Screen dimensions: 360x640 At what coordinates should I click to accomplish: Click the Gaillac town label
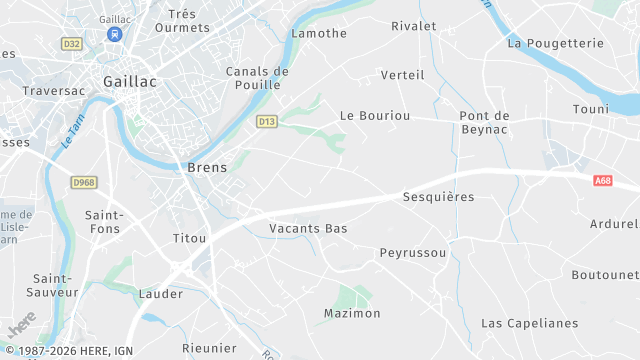[x=130, y=82]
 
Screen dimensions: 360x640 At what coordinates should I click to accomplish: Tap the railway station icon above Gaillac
[x=115, y=34]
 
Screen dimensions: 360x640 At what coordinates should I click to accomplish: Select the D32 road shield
[x=71, y=44]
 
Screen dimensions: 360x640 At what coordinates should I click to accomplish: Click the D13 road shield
[x=266, y=122]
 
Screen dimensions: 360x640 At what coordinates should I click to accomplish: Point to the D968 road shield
[x=84, y=182]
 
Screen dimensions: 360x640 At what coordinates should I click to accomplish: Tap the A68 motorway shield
[x=602, y=181]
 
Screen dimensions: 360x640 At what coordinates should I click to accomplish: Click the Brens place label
[x=207, y=168]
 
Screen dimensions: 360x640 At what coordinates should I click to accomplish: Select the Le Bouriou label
[x=375, y=116]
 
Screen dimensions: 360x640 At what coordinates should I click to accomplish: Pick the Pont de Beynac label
[x=485, y=123]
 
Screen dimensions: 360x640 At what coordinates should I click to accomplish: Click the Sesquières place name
[x=438, y=197]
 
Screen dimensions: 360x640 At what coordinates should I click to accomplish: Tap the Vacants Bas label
[x=308, y=229]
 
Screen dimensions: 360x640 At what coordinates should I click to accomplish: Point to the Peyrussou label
[x=413, y=253]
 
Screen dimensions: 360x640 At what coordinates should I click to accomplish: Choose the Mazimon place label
[x=352, y=313]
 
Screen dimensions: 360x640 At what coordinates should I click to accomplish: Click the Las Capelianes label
[x=530, y=323]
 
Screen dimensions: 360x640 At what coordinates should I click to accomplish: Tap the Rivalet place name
[x=414, y=26]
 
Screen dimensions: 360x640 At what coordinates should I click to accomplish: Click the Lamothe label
[x=318, y=33]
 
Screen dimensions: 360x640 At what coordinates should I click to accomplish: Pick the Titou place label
[x=189, y=238]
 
